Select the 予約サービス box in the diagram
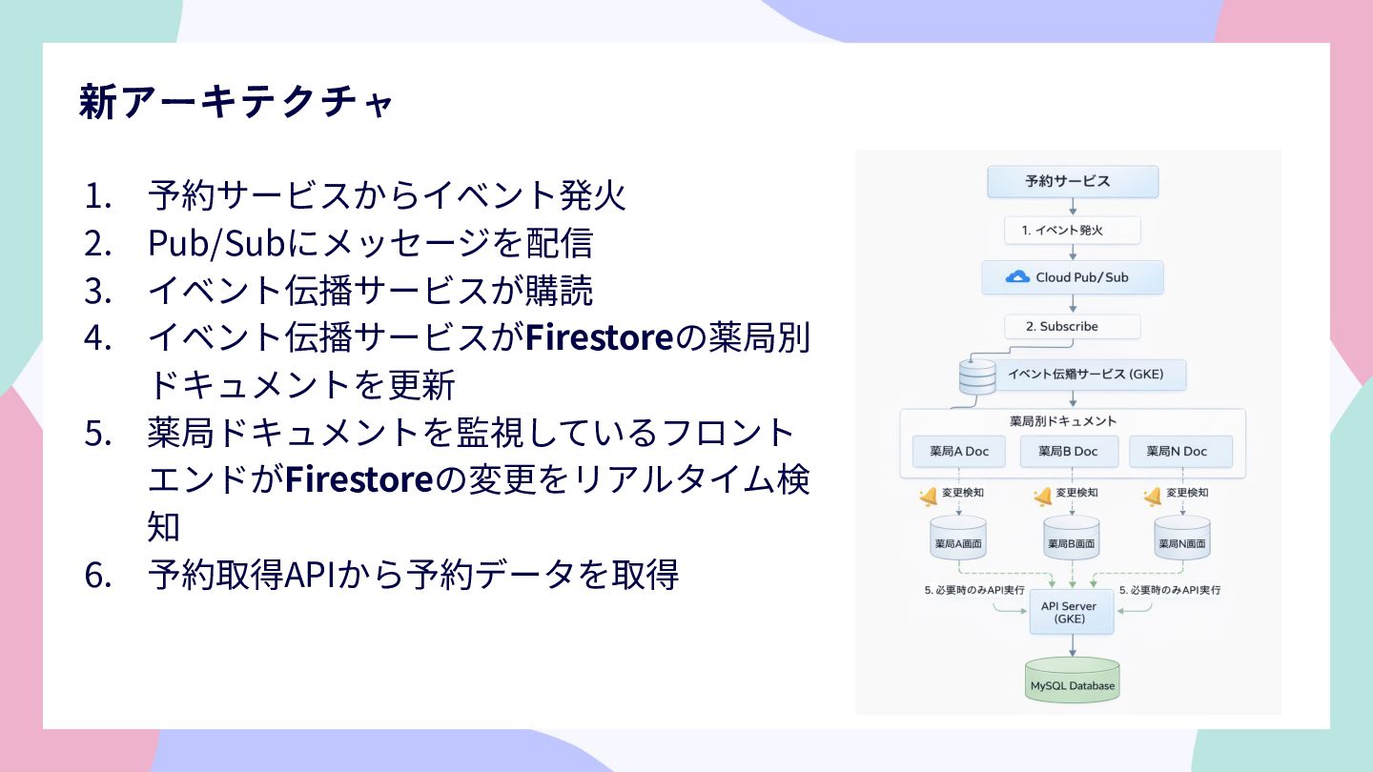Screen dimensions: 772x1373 click(x=1073, y=181)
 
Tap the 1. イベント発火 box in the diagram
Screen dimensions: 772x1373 click(x=1073, y=230)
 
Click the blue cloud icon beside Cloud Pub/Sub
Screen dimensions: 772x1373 click(x=1017, y=277)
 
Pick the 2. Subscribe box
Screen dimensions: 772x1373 click(x=1073, y=326)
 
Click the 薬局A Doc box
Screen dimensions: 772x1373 click(x=959, y=451)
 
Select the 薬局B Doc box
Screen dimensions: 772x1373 click(x=1068, y=451)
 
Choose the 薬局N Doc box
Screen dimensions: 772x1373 click(x=1180, y=451)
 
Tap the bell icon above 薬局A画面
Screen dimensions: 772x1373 click(x=928, y=496)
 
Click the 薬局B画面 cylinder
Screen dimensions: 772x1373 click(x=1072, y=540)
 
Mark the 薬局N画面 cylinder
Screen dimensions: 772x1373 click(x=1182, y=540)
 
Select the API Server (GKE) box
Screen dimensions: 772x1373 click(x=1072, y=612)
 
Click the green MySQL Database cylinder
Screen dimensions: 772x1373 click(x=1073, y=681)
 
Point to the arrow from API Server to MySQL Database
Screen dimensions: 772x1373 click(x=1073, y=645)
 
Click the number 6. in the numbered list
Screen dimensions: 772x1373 click(x=98, y=575)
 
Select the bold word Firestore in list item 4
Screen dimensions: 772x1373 click(x=600, y=336)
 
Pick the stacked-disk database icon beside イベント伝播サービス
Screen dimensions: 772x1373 click(x=975, y=376)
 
